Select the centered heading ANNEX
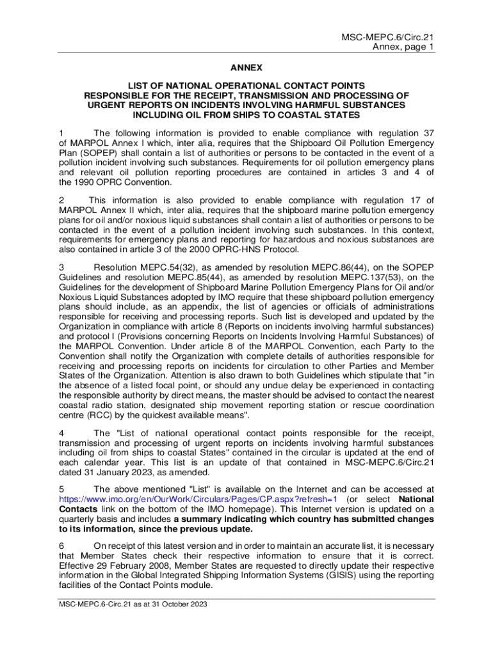[x=247, y=67]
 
